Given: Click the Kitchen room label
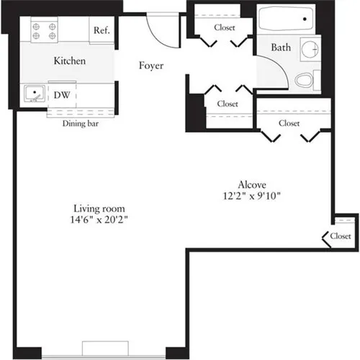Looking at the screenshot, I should click(x=70, y=61).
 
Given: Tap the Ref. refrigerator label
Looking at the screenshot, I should click(x=100, y=31).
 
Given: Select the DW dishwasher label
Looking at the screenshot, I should click(x=63, y=94).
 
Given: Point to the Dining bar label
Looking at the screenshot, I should click(x=80, y=123).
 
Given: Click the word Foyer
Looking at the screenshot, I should click(x=151, y=66).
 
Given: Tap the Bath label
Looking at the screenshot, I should click(x=281, y=48).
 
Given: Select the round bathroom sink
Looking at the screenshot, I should click(x=310, y=49).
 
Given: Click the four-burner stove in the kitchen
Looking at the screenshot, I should click(x=40, y=31).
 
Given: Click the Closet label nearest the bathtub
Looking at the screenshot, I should click(x=225, y=27).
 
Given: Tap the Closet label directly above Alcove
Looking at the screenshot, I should click(x=289, y=123).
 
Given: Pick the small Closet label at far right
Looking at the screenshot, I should click(x=341, y=236).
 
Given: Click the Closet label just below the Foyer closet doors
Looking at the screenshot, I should click(x=228, y=104).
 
